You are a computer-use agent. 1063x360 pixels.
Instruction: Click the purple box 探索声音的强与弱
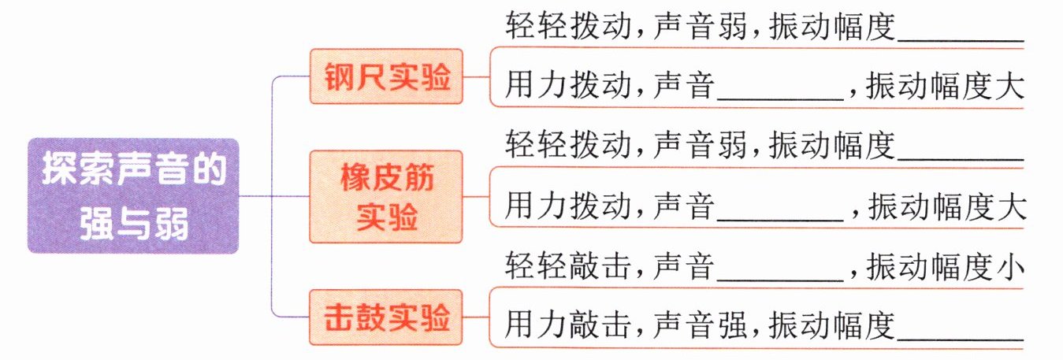pos(132,196)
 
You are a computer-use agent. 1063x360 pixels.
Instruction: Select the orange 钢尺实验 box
pos(385,77)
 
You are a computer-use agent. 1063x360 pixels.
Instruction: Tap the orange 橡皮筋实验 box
pos(385,196)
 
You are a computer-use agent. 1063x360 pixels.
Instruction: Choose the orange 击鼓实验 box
pos(385,317)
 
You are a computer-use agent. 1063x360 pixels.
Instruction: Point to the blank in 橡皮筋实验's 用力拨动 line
pos(781,209)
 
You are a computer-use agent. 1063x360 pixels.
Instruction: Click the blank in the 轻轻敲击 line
pos(781,270)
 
